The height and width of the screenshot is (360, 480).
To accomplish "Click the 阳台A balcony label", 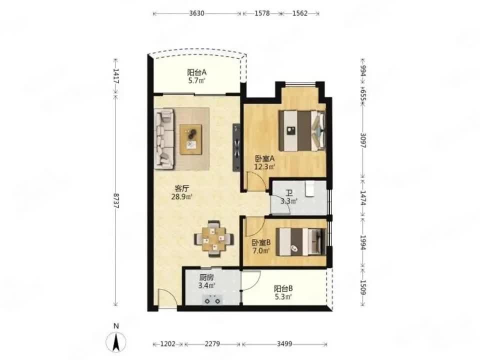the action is click(x=196, y=72).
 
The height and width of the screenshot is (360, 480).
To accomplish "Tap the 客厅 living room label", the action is click(x=181, y=188).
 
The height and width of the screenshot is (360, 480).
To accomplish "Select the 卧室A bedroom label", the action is click(x=265, y=159).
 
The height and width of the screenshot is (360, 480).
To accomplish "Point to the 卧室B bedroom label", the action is click(x=261, y=243).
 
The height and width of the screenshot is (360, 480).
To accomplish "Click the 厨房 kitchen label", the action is click(x=206, y=277).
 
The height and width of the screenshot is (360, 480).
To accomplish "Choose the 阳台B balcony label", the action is click(x=283, y=288).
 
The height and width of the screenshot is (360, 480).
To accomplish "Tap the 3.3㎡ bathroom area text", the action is click(x=289, y=201).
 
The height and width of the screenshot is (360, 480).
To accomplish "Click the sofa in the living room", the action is click(x=164, y=139).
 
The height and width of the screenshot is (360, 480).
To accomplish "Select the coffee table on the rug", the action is click(x=191, y=139).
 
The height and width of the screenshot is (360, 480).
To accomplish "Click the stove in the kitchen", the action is click(x=212, y=299).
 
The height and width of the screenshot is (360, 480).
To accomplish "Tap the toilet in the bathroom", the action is click(x=310, y=188).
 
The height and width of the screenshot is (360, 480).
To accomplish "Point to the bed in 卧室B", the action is click(x=300, y=242).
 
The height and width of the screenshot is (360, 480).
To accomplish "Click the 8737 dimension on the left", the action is click(x=115, y=201).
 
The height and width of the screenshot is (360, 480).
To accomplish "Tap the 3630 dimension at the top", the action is click(x=196, y=13).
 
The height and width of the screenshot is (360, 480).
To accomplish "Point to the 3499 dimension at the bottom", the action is click(x=284, y=344).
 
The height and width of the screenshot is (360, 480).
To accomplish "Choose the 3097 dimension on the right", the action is click(x=363, y=140).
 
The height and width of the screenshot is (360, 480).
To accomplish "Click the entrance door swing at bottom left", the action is click(x=167, y=298).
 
